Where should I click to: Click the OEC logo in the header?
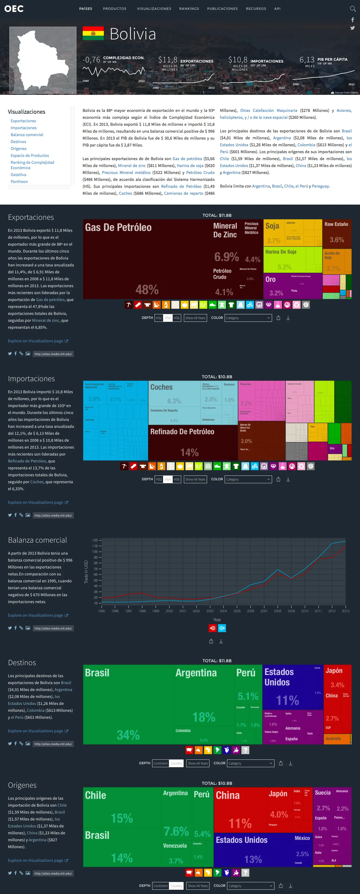pos(14,9)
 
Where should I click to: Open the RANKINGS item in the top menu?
pos(189,9)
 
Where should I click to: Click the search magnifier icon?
pos(353,9)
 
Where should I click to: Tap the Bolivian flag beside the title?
pos(93,33)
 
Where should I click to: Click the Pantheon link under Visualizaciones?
pos(19,181)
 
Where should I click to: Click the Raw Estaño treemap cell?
pos(337,233)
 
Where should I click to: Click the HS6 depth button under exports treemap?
pos(177,318)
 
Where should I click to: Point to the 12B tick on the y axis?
pos(95,540)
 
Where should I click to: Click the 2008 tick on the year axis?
pos(277,611)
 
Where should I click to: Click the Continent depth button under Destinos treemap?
pos(160,763)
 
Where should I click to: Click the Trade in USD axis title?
pos(86,572)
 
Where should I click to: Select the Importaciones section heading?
pos(31,379)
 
